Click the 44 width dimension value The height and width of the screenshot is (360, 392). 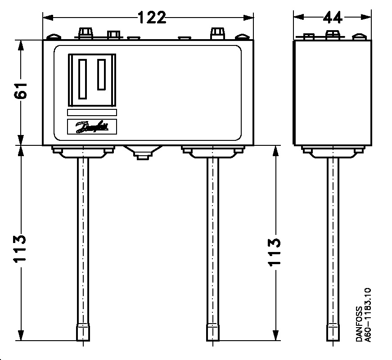pyautogui.click(x=333, y=18)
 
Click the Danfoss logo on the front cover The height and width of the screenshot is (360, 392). pyautogui.click(x=92, y=126)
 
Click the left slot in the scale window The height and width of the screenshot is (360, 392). pyautogui.click(x=82, y=79)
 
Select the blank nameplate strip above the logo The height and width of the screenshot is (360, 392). pyautogui.click(x=92, y=112)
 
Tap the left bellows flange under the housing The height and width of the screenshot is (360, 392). pyautogui.click(x=83, y=151)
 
